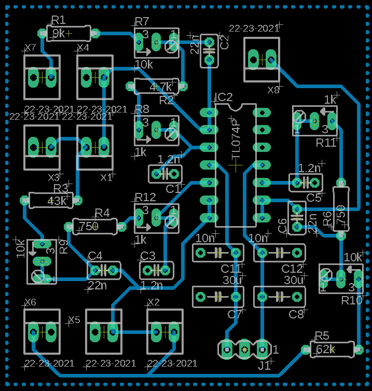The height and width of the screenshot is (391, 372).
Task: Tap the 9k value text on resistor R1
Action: (59, 34)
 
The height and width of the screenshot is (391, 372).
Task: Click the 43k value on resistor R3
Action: (57, 201)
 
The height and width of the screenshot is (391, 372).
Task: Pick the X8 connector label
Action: (273, 90)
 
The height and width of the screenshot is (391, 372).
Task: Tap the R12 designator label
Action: (145, 198)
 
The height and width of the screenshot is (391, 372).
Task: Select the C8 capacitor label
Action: (296, 315)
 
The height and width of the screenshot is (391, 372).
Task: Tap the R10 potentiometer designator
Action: (351, 300)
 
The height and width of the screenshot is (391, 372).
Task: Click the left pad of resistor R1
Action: (42, 33)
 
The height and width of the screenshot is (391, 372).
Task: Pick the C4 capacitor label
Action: (95, 256)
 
